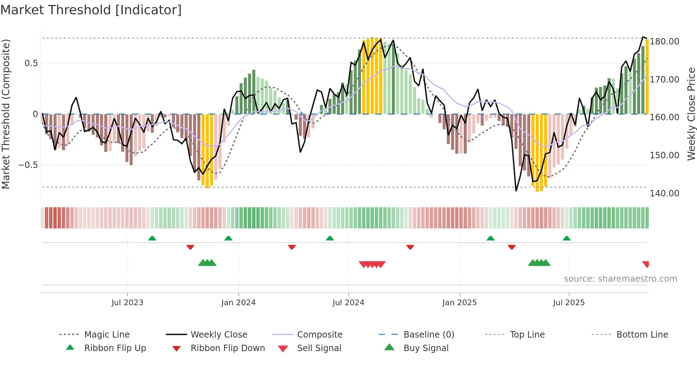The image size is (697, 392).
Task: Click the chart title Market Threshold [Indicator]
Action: (91, 10)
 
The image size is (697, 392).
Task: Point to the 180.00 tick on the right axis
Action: (664, 42)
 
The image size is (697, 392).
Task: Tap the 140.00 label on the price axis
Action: (664, 194)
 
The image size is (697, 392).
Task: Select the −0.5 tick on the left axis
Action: (28, 165)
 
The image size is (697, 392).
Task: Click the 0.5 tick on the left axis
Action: (31, 63)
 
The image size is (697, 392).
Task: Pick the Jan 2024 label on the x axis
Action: (238, 303)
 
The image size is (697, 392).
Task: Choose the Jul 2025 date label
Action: (569, 303)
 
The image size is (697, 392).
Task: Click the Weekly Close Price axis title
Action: (691, 114)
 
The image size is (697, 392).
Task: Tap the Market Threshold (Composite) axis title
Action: (6, 114)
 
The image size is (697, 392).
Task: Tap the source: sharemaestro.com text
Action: (620, 279)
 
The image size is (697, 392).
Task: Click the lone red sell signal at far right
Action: (646, 264)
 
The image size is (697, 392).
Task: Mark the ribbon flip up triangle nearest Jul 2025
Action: (567, 238)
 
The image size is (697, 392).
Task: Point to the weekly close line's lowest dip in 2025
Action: (516, 191)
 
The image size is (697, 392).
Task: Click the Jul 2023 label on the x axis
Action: (127, 303)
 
